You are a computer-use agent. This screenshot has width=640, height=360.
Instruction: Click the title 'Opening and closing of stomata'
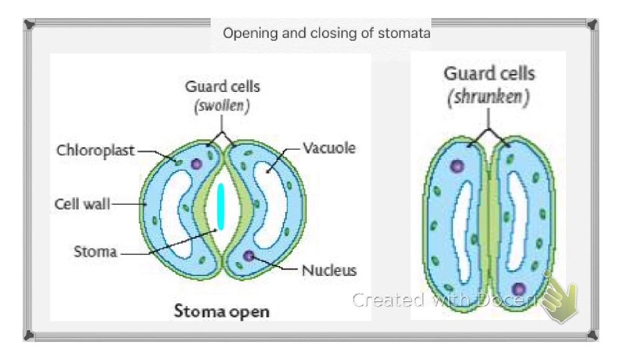point(327,33)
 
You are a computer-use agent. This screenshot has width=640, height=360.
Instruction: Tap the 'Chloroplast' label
point(95,150)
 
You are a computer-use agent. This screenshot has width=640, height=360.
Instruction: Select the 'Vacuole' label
point(329,148)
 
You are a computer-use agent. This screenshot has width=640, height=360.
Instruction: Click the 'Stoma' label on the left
point(95,252)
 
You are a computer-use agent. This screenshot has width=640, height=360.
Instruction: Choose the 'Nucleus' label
point(329,270)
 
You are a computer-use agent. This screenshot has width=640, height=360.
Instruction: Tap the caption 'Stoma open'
point(222,311)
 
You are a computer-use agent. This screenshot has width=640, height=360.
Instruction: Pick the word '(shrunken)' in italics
point(489,97)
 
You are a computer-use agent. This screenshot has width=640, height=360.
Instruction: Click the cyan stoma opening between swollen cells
point(221,206)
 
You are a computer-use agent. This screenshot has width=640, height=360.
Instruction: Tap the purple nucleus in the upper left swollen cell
point(196,163)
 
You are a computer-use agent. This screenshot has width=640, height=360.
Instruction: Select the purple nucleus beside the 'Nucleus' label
point(249,255)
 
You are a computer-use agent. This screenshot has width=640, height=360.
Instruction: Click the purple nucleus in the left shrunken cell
point(457,167)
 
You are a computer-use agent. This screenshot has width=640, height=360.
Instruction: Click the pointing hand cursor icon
point(559,300)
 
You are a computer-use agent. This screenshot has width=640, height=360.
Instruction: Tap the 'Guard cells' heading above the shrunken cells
point(489,73)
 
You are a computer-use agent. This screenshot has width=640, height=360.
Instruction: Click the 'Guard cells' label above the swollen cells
point(223,86)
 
